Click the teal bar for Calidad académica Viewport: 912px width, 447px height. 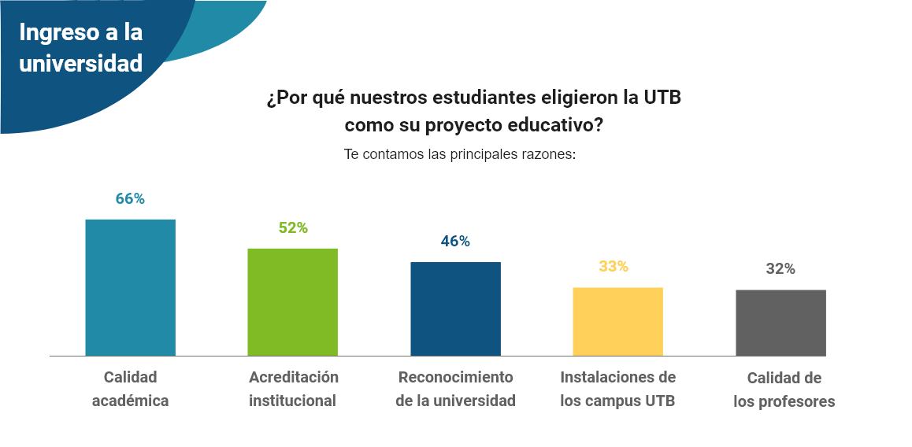click(x=130, y=287)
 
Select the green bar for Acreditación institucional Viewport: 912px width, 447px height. click(x=292, y=302)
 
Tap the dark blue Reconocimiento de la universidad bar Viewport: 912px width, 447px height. click(x=455, y=308)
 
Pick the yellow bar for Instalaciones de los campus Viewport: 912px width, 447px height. click(x=617, y=321)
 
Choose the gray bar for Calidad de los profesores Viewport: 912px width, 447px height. click(x=780, y=323)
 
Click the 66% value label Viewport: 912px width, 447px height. click(x=130, y=199)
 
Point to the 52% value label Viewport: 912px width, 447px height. click(x=292, y=228)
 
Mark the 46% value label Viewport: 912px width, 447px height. click(x=455, y=242)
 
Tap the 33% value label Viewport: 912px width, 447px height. click(x=614, y=267)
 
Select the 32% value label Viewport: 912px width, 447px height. click(x=780, y=269)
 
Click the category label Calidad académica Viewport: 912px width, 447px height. click(x=130, y=389)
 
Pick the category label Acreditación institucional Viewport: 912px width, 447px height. click(x=293, y=389)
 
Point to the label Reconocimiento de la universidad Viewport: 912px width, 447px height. click(x=455, y=389)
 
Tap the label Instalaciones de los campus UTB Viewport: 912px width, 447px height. click(x=617, y=389)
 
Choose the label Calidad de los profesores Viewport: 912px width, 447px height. click(x=784, y=390)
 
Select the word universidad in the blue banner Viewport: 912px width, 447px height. click(x=80, y=64)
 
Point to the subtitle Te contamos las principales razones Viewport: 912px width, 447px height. click(x=460, y=154)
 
